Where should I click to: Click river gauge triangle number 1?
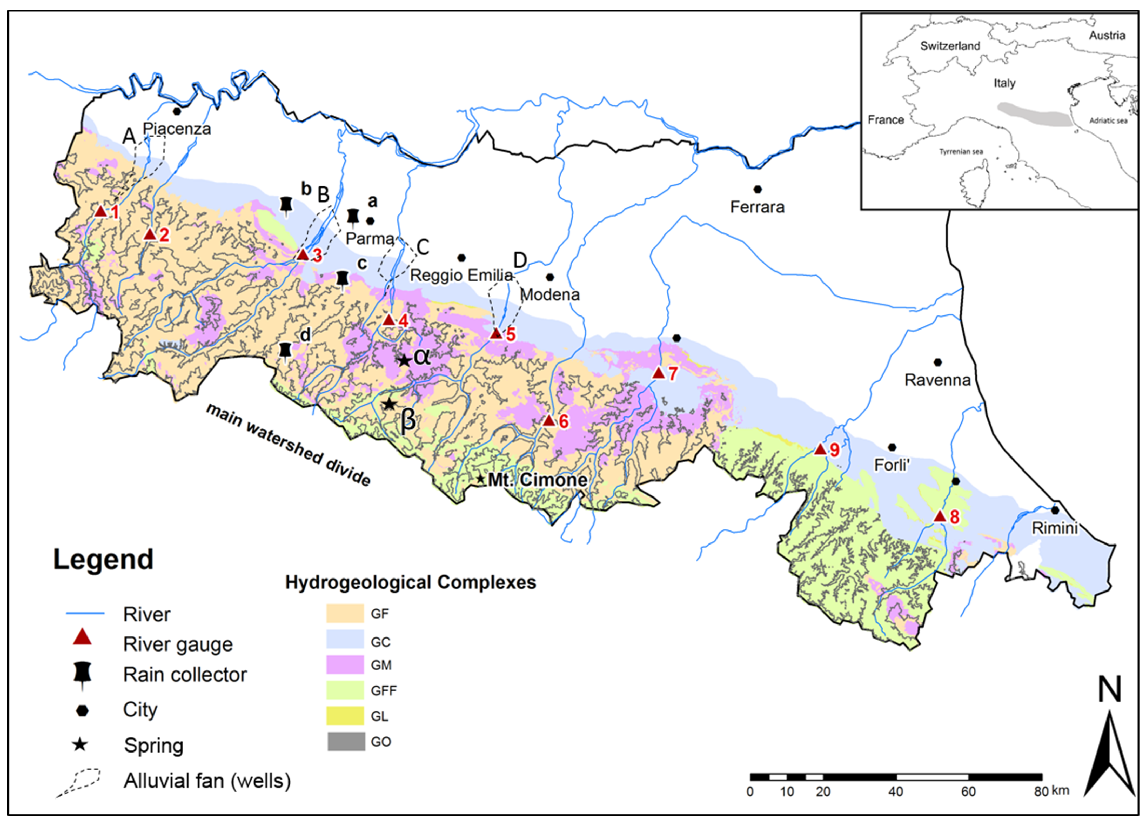[x=100, y=211]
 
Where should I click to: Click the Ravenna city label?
[x=937, y=380]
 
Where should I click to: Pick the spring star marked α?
[x=404, y=360]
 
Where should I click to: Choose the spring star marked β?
[x=388, y=404]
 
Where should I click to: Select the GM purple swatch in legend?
[x=345, y=665]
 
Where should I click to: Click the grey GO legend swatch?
[x=345, y=742]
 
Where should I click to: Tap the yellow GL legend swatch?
[x=345, y=716]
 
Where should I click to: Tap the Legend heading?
[x=103, y=560]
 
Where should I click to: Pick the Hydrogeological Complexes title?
[x=410, y=582]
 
